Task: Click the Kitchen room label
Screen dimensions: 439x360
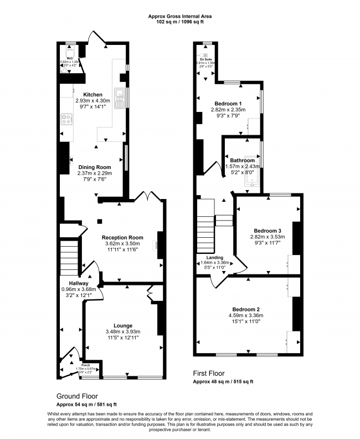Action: [92, 94]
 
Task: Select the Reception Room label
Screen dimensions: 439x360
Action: [122, 237]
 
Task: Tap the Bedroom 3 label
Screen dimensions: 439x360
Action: [268, 231]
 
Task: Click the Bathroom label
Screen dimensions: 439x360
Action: [243, 160]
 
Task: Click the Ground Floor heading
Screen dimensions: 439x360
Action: [77, 396]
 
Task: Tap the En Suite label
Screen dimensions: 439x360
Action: [206, 58]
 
